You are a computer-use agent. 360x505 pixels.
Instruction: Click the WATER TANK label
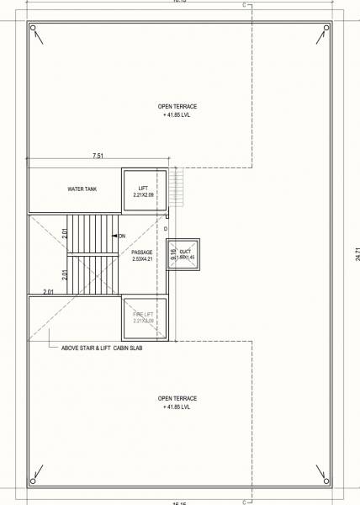(x=82, y=189)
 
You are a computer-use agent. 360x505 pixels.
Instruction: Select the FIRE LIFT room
(x=145, y=316)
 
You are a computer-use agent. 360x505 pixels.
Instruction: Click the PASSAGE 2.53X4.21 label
(x=143, y=256)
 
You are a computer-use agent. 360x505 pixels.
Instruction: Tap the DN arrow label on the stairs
(x=121, y=236)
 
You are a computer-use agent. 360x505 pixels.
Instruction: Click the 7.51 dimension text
(x=99, y=156)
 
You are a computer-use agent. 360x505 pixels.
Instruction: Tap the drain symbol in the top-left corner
(x=34, y=30)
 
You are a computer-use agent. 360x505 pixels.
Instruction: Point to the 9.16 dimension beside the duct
(x=173, y=252)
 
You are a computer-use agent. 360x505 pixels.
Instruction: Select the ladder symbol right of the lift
(x=177, y=185)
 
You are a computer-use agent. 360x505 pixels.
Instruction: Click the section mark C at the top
(x=244, y=5)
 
